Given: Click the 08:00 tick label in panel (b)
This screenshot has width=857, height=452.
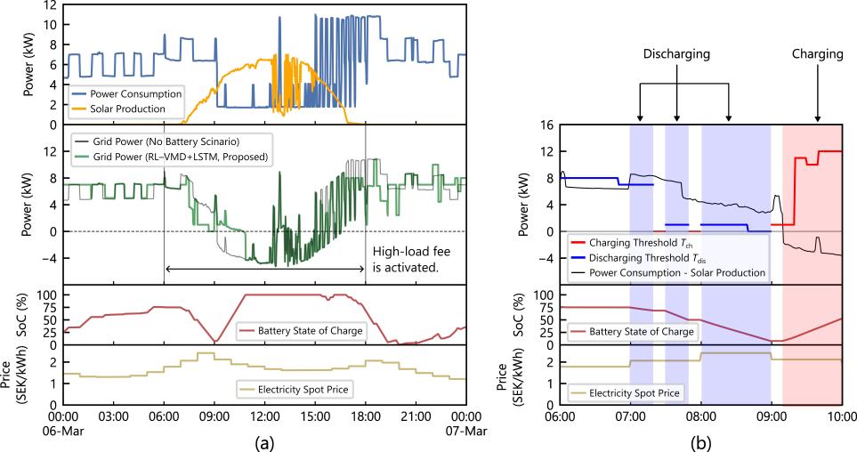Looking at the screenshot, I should tap(700, 415).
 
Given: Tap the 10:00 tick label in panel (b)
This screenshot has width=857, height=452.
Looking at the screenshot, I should tap(842, 415).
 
